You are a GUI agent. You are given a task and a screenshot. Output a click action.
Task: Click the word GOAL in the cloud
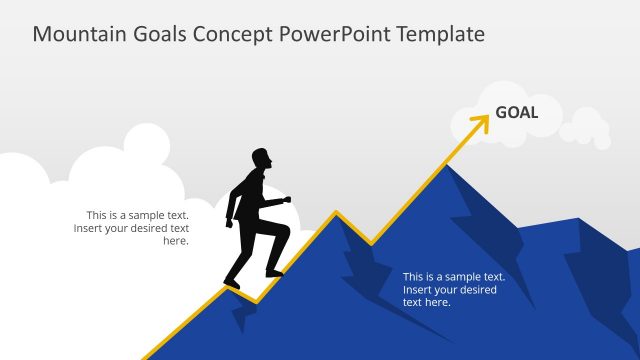(x=516, y=112)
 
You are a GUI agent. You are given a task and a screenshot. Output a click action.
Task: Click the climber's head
(x=261, y=160)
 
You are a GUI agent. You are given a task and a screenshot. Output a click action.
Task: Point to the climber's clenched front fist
(x=287, y=200)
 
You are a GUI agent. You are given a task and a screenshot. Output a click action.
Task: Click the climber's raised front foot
(x=273, y=271)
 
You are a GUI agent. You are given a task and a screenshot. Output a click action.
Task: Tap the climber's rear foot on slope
(x=231, y=284)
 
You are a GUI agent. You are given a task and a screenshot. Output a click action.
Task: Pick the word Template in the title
(x=440, y=34)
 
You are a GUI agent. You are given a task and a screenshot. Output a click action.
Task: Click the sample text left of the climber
(x=132, y=228)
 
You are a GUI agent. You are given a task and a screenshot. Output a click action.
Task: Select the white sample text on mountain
(x=452, y=289)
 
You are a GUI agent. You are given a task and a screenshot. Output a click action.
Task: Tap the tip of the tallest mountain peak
(x=446, y=166)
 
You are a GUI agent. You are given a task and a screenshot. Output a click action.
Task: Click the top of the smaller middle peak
(x=336, y=213)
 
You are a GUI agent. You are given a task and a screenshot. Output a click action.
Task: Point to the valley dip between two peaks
(x=371, y=244)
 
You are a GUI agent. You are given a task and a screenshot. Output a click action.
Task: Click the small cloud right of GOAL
(x=586, y=130)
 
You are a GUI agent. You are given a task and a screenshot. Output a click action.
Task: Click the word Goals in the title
(x=152, y=34)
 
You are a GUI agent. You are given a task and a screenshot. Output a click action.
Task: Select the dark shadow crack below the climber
(x=241, y=318)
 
